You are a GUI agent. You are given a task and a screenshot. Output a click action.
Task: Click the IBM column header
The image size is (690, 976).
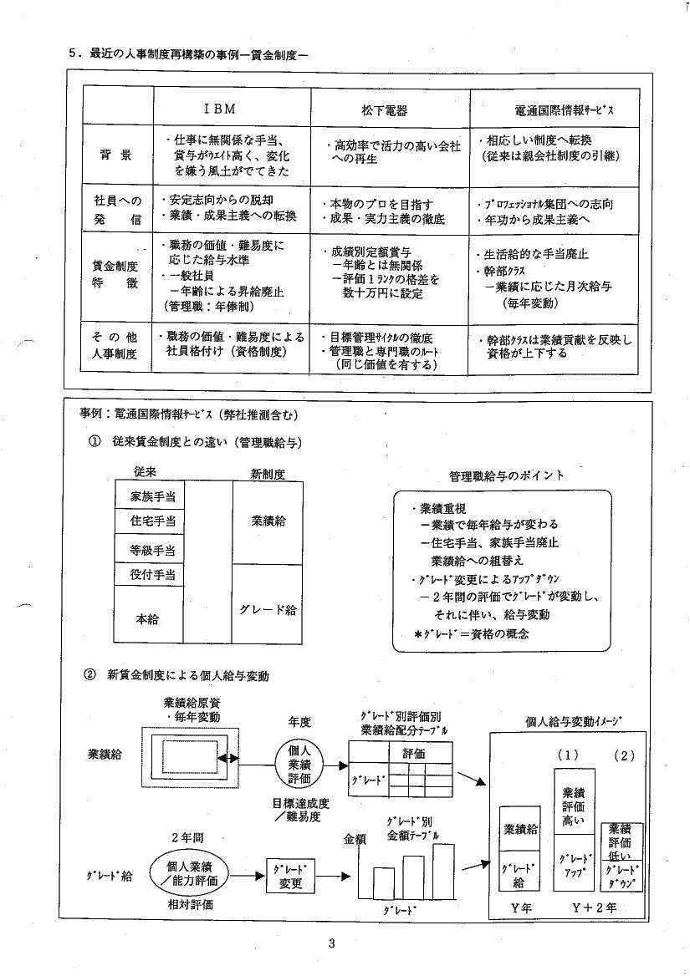point(220,109)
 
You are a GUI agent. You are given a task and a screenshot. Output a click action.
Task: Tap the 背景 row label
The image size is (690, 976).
point(115,155)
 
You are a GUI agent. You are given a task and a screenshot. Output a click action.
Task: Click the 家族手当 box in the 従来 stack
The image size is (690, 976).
point(150,496)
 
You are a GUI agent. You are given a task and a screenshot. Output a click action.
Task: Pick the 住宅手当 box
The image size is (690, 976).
point(150,521)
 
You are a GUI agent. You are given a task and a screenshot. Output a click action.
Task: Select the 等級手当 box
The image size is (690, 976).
point(150,548)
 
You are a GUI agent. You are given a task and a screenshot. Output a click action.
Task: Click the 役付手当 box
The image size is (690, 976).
point(150,575)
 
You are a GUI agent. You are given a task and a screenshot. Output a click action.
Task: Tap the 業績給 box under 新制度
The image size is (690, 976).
point(268,523)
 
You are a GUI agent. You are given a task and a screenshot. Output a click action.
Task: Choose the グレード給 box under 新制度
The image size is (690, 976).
point(268,604)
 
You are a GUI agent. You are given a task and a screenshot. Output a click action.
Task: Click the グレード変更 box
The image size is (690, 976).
point(290,876)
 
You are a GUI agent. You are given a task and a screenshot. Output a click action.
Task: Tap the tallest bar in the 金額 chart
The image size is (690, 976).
point(443,869)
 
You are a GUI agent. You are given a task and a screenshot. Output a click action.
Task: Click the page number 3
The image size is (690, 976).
point(331,943)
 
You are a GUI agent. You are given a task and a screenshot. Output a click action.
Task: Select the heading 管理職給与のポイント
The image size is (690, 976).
point(506,475)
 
